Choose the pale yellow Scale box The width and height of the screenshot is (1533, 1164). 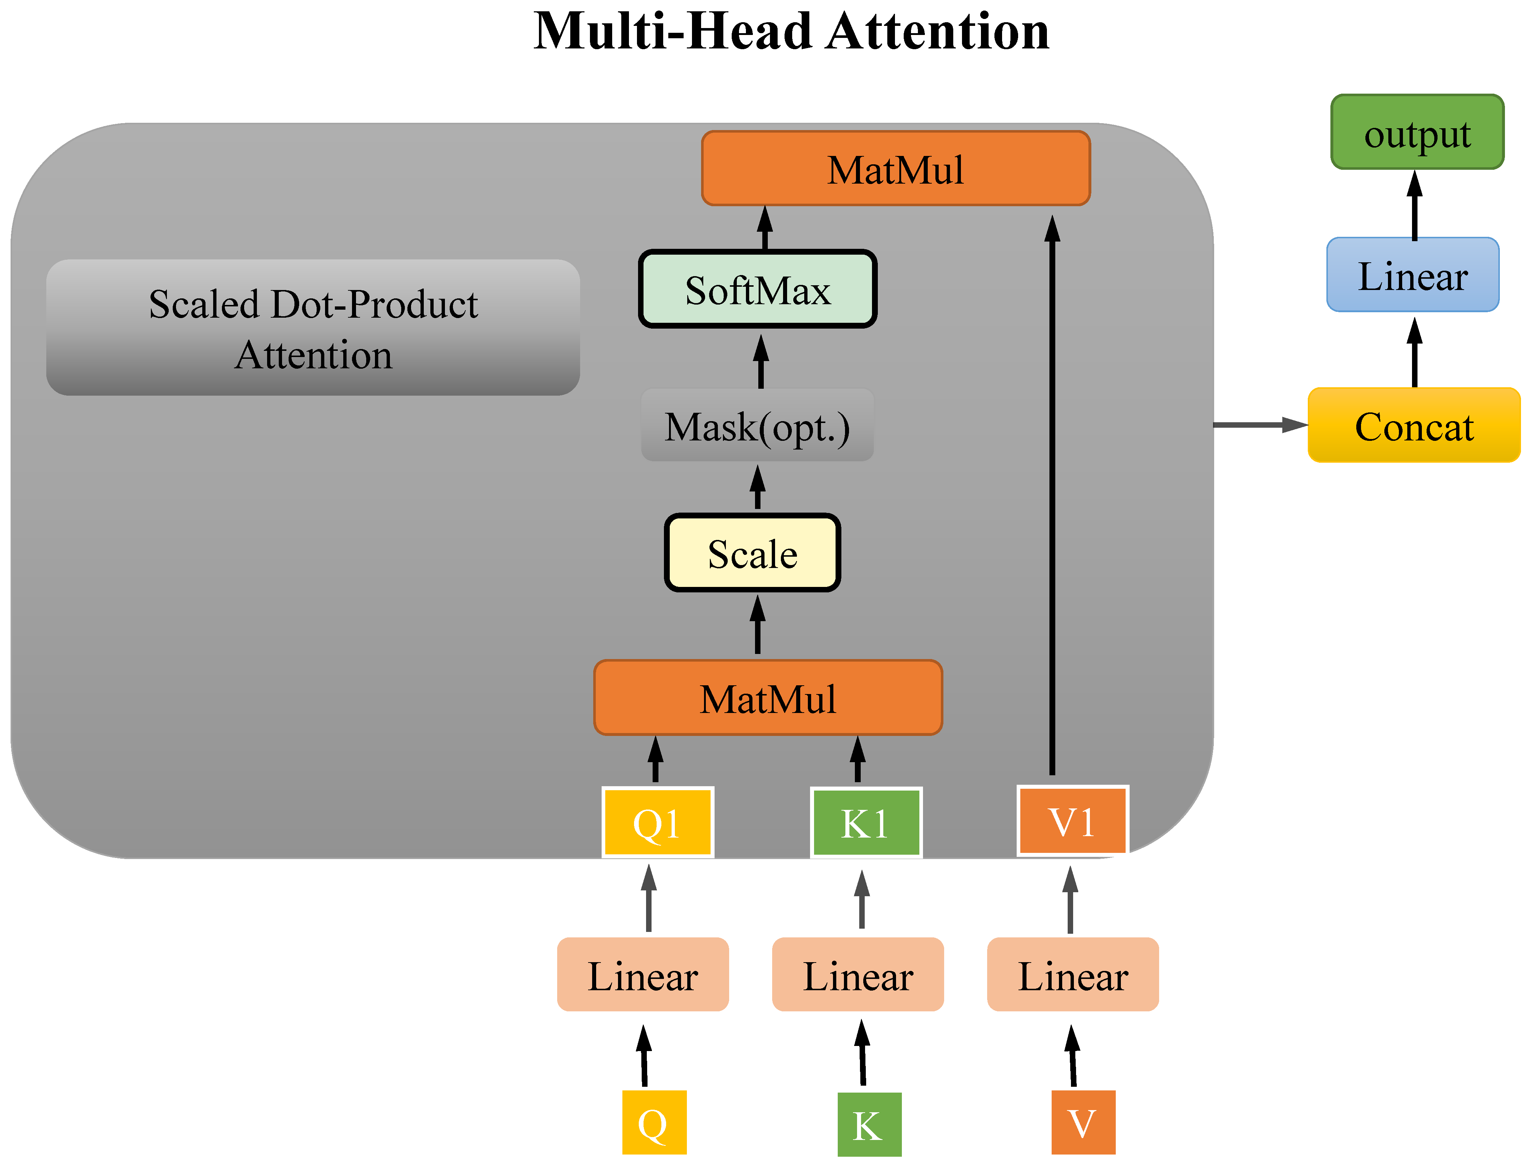(x=752, y=553)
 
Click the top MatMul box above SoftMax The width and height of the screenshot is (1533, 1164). (x=895, y=168)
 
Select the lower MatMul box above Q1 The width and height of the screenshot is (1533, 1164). (x=768, y=698)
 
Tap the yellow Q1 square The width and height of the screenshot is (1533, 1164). (x=657, y=822)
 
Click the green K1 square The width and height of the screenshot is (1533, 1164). (x=865, y=822)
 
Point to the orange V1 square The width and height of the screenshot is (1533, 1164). (x=1072, y=821)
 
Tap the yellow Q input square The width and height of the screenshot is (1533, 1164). (x=653, y=1122)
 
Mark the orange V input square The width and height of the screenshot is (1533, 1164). (x=1083, y=1122)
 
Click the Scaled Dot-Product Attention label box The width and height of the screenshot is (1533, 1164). (x=313, y=328)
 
